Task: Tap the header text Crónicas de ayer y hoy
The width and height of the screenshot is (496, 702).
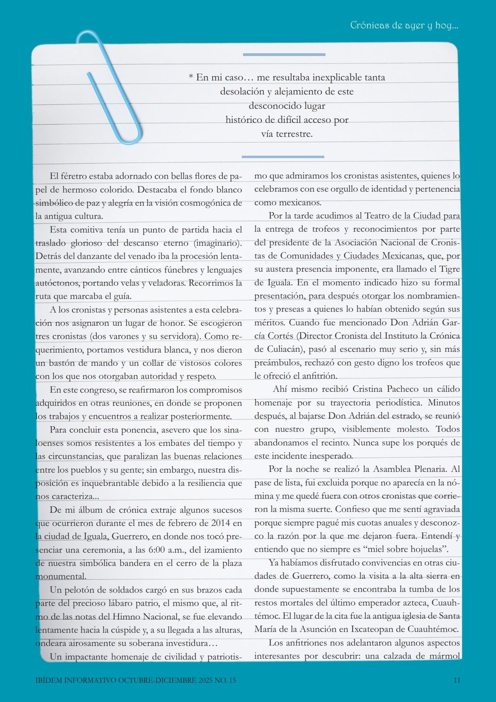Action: pyautogui.click(x=404, y=25)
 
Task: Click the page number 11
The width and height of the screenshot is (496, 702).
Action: pyautogui.click(x=457, y=680)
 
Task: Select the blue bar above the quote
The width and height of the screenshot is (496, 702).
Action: pyautogui.click(x=284, y=54)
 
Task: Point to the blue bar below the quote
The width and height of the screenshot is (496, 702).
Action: pyautogui.click(x=283, y=157)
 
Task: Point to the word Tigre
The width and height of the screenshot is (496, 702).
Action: pyautogui.click(x=450, y=269)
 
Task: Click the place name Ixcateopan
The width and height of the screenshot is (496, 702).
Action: pyautogui.click(x=369, y=629)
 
